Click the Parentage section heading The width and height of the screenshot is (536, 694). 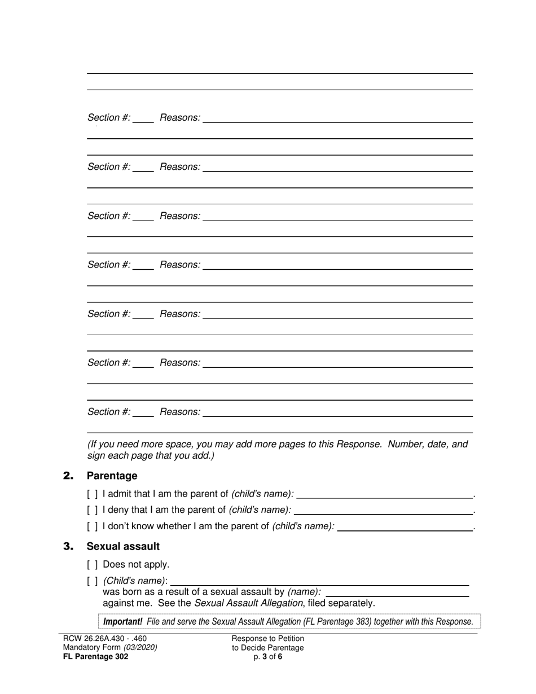pyautogui.click(x=112, y=476)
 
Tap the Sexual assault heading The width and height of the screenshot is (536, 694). pyautogui.click(x=122, y=546)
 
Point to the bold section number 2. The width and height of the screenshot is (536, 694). pyautogui.click(x=68, y=476)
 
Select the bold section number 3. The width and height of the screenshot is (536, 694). pyautogui.click(x=68, y=547)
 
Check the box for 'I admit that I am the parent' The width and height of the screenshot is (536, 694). pyautogui.click(x=93, y=494)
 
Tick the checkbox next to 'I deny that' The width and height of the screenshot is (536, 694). pyautogui.click(x=93, y=510)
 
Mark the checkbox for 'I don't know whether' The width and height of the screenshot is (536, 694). pyautogui.click(x=93, y=526)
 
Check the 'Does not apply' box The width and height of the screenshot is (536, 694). pyautogui.click(x=93, y=564)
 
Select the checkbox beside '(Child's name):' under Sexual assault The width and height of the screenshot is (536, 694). pyautogui.click(x=93, y=581)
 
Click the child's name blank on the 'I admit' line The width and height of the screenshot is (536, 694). pyautogui.click(x=384, y=494)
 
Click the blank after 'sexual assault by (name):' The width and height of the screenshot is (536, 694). pyautogui.click(x=397, y=592)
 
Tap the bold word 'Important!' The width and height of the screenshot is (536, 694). pyautogui.click(x=122, y=622)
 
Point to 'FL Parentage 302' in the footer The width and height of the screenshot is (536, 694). pyautogui.click(x=95, y=657)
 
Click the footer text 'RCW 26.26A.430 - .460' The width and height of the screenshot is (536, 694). pyautogui.click(x=105, y=639)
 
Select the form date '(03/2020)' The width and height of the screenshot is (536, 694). pyautogui.click(x=140, y=648)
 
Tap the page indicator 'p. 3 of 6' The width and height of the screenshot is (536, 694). pyautogui.click(x=268, y=657)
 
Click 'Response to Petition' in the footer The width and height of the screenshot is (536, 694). pyautogui.click(x=268, y=639)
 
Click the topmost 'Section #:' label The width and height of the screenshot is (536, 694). pyautogui.click(x=109, y=117)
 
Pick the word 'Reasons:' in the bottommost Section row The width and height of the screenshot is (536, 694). pyautogui.click(x=180, y=412)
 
